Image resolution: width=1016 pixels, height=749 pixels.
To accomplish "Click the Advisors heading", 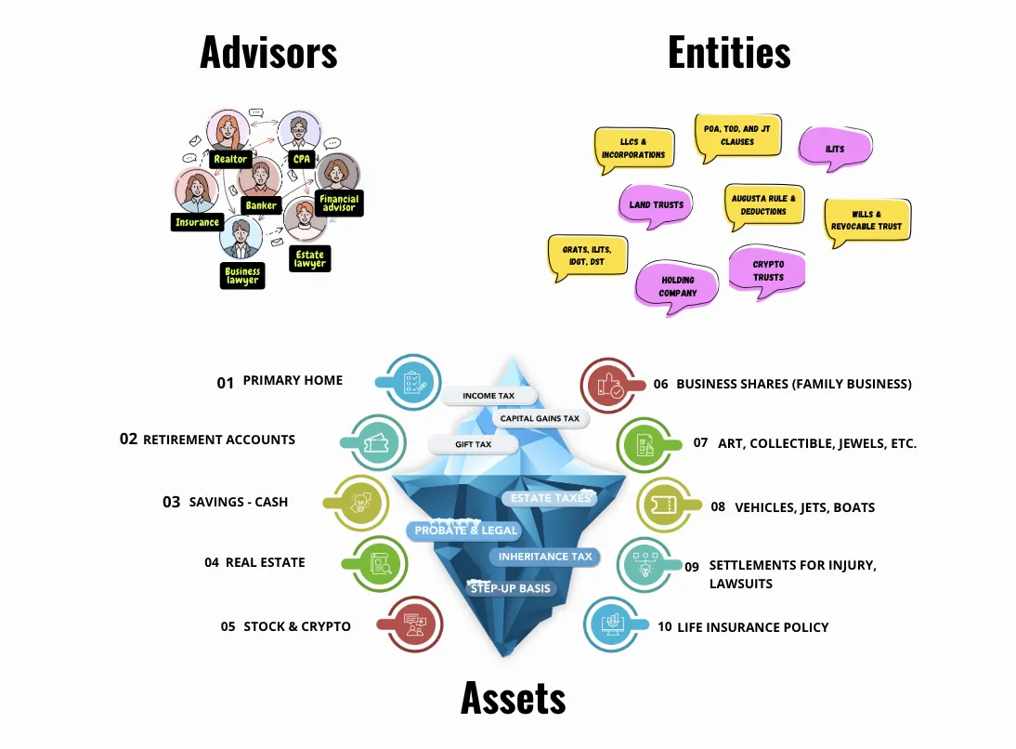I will (268, 54).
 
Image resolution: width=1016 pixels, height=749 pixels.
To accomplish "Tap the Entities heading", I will (729, 53).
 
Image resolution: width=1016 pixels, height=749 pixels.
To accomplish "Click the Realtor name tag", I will (229, 159).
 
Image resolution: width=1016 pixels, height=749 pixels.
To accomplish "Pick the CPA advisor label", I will (302, 159).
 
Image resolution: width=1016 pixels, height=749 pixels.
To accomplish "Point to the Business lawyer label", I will (242, 276).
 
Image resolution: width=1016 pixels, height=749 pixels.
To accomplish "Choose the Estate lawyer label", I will (309, 258).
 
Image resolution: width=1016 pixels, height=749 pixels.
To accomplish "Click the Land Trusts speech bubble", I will (656, 205).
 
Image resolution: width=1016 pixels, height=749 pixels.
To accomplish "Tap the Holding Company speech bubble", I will (678, 286).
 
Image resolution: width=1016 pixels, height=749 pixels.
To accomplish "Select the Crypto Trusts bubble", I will (768, 270).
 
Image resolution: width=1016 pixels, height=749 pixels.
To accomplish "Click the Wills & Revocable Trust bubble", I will (866, 221).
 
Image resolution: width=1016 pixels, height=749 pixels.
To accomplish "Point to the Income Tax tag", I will (488, 396).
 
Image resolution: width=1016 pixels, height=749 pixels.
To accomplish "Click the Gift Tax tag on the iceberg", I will (474, 444).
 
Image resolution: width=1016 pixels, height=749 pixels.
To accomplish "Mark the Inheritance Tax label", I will (545, 557).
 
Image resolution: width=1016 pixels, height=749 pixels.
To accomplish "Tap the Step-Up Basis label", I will (511, 588).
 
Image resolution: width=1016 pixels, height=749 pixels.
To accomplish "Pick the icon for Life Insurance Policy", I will (613, 624).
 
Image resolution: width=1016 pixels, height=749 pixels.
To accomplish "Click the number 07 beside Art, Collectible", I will (701, 442).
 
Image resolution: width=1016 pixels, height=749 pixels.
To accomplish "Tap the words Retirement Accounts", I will (219, 440).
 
